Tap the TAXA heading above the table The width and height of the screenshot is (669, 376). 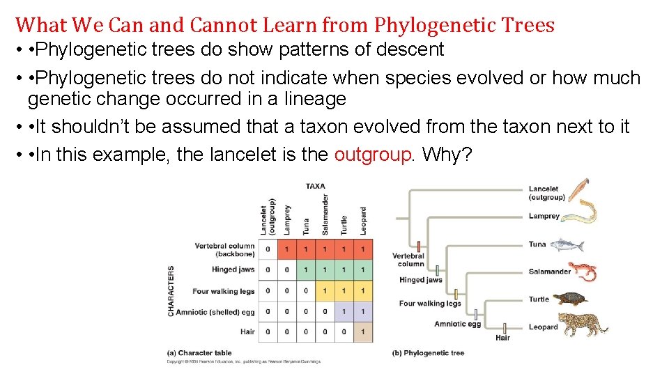tap(315, 186)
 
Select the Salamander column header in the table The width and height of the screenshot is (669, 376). tap(325, 214)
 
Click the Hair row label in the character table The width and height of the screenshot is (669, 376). tap(247, 332)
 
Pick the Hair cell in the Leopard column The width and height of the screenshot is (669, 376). tap(362, 332)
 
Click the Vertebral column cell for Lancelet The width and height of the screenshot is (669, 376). tap(268, 249)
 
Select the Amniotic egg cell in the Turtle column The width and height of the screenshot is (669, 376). tap(344, 311)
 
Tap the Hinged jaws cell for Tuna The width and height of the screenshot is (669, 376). tap(306, 269)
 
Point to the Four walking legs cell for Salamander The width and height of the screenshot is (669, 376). tap(325, 291)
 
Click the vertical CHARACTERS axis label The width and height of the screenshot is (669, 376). tap(171, 290)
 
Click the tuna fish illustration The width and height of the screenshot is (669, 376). tap(566, 244)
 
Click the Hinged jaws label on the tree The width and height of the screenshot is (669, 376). tap(420, 280)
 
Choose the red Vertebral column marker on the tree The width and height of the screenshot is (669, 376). tap(420, 246)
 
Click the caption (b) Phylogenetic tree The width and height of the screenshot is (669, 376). tap(428, 353)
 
